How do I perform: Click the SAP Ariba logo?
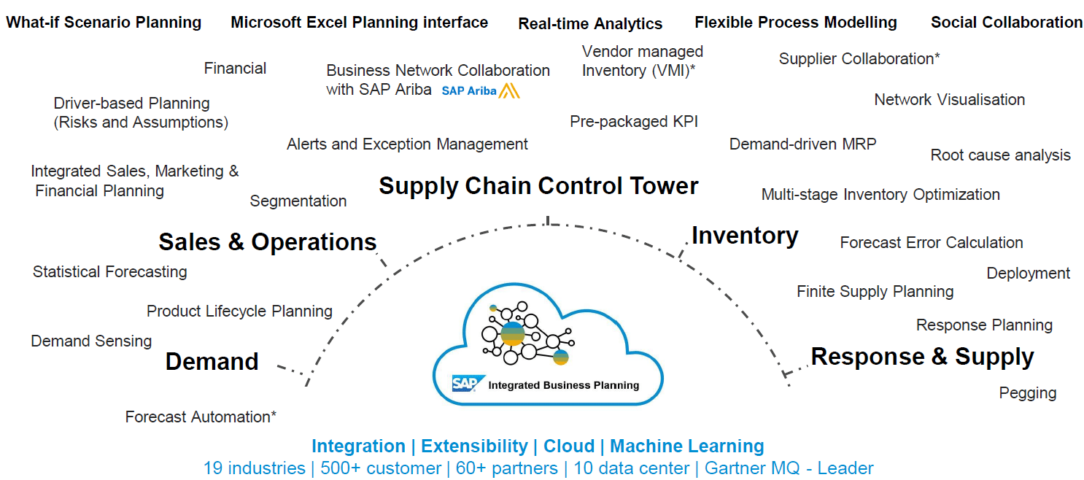tap(480, 90)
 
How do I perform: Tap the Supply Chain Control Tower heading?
tap(538, 186)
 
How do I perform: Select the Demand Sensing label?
tap(91, 341)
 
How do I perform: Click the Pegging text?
tap(1027, 392)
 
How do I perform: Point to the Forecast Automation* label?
tap(201, 417)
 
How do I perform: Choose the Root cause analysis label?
tap(1000, 155)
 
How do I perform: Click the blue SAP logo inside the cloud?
tap(464, 384)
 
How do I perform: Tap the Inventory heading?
tap(745, 236)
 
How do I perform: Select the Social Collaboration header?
tap(1006, 22)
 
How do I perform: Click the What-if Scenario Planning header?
tap(104, 22)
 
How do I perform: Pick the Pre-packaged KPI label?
tap(634, 121)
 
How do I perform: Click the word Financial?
tap(235, 69)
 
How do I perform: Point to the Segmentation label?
tap(298, 201)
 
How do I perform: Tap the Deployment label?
tap(1028, 273)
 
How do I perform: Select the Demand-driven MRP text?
tap(802, 144)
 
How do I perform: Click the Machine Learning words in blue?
tap(686, 446)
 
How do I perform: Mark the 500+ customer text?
tap(381, 468)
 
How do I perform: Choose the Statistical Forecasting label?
tap(109, 271)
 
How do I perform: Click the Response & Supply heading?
tap(922, 357)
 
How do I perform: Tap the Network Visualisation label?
tap(949, 99)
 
